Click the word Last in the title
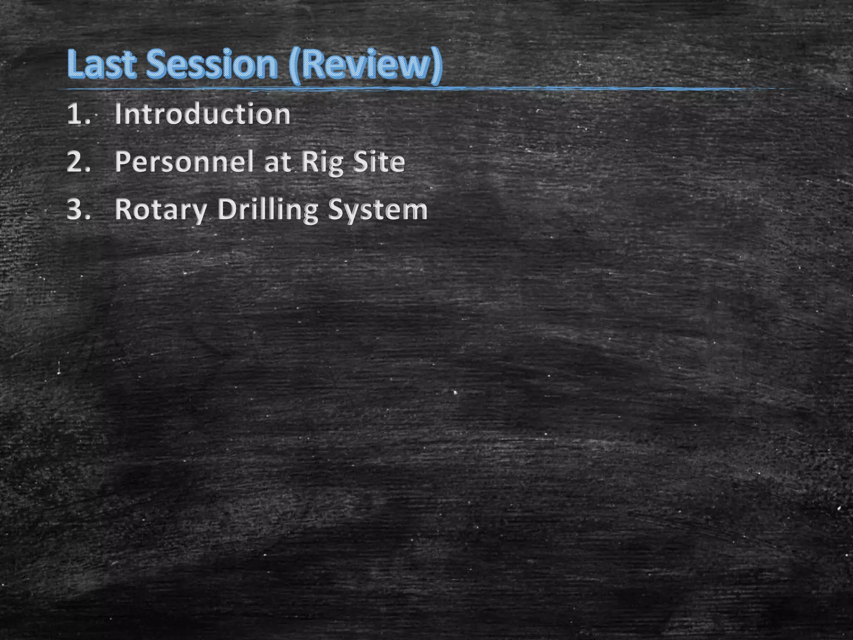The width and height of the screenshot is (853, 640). coord(101,65)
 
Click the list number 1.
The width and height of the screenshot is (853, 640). coord(78,114)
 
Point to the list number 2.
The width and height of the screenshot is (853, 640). coord(78,162)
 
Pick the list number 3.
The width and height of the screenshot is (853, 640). coord(78,210)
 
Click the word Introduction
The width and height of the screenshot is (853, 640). coord(202,114)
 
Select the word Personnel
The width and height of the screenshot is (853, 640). coord(184,162)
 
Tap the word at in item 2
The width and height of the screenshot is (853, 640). coord(277,162)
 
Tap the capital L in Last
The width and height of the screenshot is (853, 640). coord(75,65)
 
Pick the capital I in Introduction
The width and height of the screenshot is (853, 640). coord(118,114)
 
